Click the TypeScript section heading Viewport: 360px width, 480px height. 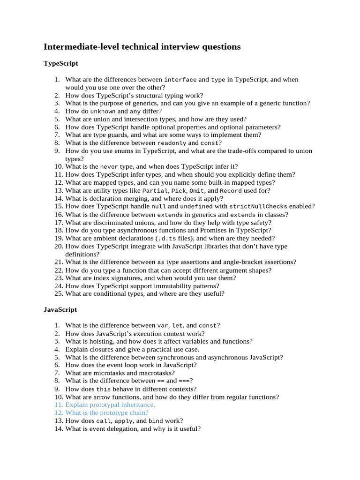point(60,63)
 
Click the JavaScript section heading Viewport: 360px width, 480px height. point(60,310)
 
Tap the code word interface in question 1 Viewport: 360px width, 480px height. point(180,80)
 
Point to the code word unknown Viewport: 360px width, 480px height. point(103,112)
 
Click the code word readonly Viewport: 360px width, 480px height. point(172,143)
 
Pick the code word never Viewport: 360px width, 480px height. point(110,166)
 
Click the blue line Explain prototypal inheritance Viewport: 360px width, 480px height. point(110,405)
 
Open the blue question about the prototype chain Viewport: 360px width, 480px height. point(106,412)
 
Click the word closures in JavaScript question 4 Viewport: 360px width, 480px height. point(98,349)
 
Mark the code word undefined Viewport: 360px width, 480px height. point(196,206)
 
